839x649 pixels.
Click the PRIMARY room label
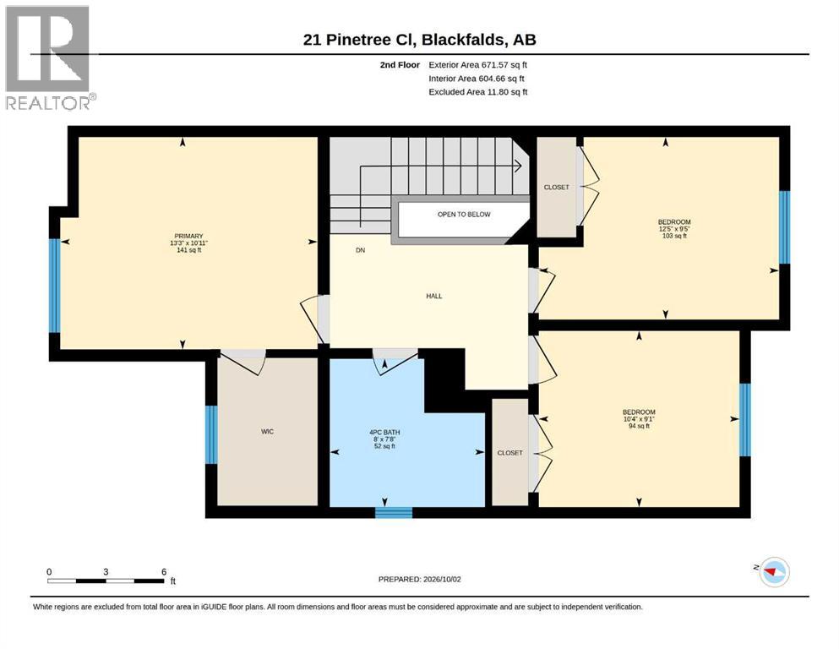[188, 236]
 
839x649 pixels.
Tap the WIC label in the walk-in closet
[267, 431]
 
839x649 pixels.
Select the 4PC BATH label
[384, 433]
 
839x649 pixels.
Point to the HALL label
[434, 296]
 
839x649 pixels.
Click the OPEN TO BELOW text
[464, 214]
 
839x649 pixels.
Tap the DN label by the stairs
[361, 250]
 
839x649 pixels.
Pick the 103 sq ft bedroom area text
[674, 236]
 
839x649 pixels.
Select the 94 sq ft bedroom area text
[639, 426]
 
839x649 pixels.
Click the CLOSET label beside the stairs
[557, 188]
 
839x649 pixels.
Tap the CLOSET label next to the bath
[510, 453]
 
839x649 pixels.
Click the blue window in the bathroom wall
[394, 513]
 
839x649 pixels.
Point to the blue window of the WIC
[211, 434]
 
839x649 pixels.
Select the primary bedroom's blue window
[55, 286]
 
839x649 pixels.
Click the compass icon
[775, 571]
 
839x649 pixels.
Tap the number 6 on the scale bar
[164, 571]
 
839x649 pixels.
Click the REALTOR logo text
[48, 103]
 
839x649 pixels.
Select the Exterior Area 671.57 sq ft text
[478, 65]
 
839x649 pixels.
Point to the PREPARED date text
[419, 579]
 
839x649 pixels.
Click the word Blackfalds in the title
[463, 40]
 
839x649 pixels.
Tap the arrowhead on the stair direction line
[518, 166]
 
